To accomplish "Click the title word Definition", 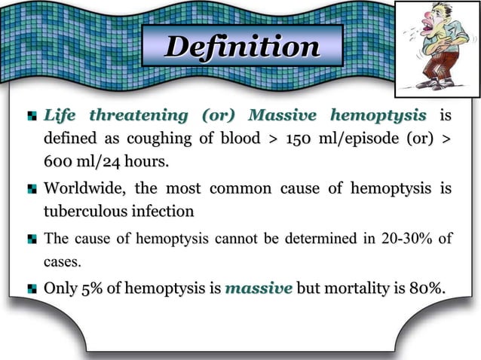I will point(241,47).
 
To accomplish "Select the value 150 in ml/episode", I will point(290,139).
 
